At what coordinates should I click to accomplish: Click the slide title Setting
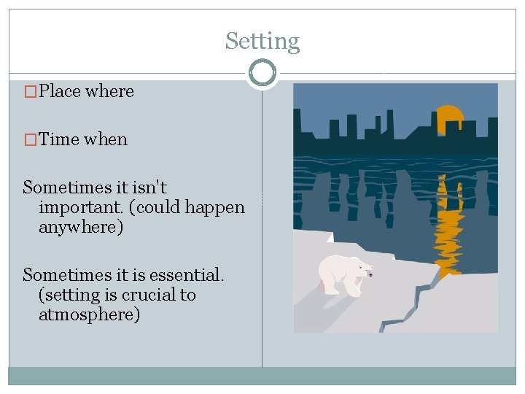tap(262, 42)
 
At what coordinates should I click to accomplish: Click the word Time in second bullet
tap(59, 139)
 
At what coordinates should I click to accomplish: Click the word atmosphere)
tap(90, 314)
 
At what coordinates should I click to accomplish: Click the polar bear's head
tap(364, 270)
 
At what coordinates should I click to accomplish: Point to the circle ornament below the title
tap(262, 73)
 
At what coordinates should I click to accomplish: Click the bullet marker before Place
tap(30, 92)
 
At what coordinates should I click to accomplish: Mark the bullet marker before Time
tap(30, 139)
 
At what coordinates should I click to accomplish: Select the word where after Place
tap(109, 92)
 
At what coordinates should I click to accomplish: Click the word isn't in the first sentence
tap(148, 188)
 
